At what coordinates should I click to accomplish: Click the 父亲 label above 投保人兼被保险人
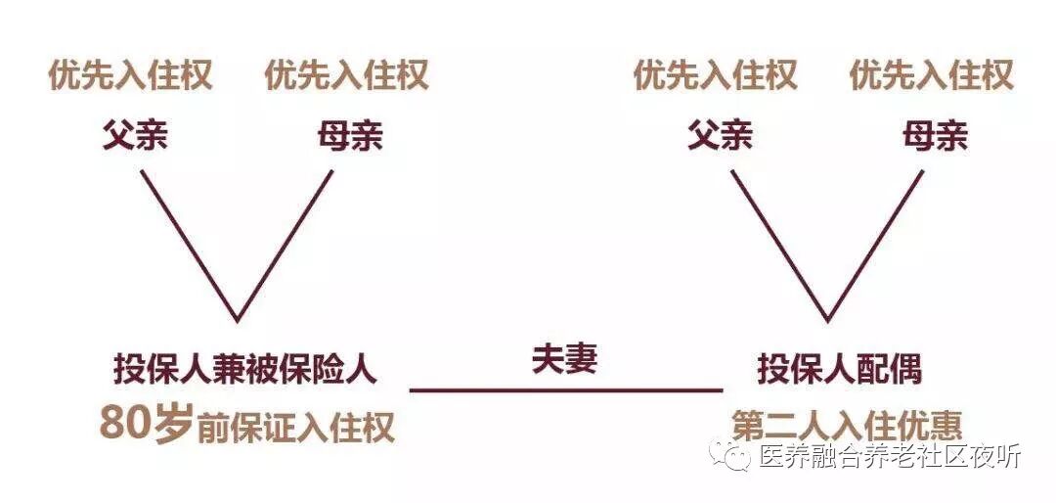point(134,135)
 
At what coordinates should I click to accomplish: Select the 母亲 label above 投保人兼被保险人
point(350,135)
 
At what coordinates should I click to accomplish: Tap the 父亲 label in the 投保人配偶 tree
point(720,135)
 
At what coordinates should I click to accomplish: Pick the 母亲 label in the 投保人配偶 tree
point(935,135)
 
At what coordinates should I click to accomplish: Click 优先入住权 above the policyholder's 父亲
point(130,75)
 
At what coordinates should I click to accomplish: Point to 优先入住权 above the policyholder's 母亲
point(346,75)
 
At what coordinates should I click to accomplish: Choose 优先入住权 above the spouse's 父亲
point(716,75)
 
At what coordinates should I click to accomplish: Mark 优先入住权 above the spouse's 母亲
point(931,75)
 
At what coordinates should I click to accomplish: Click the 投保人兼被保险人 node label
point(244,370)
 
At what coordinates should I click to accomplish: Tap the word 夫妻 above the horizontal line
point(564,359)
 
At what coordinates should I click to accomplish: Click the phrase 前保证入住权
point(295,428)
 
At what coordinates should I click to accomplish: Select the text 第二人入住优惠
point(847,425)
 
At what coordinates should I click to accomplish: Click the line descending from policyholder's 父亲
point(189,245)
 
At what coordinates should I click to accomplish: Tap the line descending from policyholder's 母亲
point(285,245)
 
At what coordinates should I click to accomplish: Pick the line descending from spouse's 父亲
point(779,245)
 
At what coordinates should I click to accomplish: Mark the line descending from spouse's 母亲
point(876,245)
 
